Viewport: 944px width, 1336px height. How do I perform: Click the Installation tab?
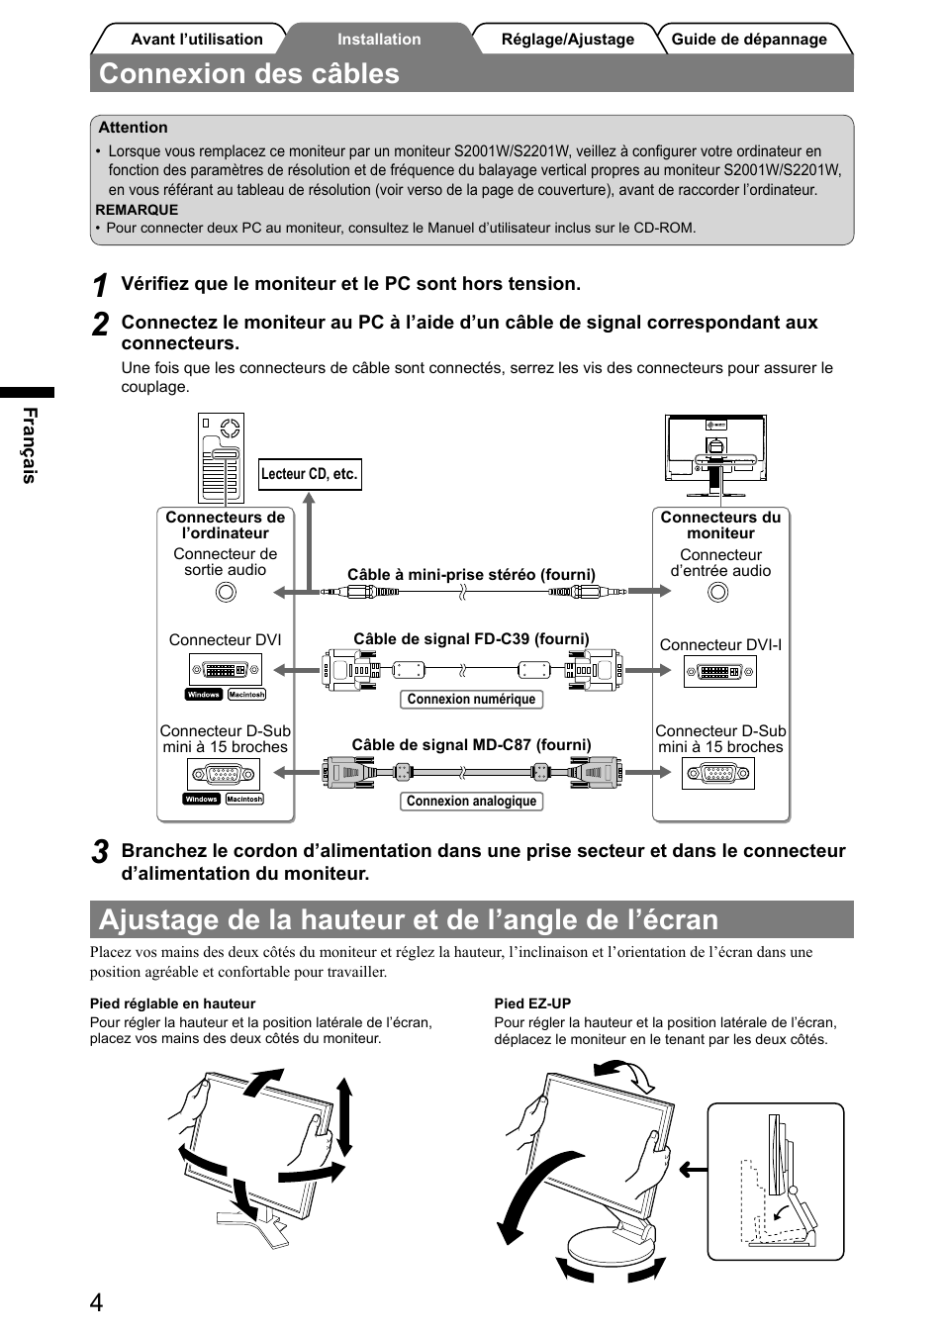pyautogui.click(x=379, y=40)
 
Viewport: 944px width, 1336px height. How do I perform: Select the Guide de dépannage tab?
pyautogui.click(x=749, y=40)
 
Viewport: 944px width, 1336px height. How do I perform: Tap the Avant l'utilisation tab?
pyautogui.click(x=197, y=40)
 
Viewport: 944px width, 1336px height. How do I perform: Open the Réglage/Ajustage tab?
pyautogui.click(x=567, y=40)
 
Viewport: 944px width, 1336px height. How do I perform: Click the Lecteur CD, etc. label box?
pyautogui.click(x=310, y=474)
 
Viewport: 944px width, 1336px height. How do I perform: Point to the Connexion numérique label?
pyautogui.click(x=471, y=700)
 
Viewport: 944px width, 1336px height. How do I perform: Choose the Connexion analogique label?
pyautogui.click(x=471, y=802)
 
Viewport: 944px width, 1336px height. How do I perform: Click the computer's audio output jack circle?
pyautogui.click(x=226, y=592)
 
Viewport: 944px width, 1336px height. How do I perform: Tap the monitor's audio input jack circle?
pyautogui.click(x=718, y=592)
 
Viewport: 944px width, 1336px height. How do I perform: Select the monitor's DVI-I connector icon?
pyautogui.click(x=720, y=672)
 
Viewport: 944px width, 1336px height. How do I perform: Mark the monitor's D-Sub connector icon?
pyautogui.click(x=719, y=774)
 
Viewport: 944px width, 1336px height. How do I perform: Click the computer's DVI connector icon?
pyautogui.click(x=226, y=670)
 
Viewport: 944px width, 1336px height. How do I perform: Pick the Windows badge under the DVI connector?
pyautogui.click(x=204, y=695)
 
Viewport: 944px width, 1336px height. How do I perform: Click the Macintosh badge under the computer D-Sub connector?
pyautogui.click(x=244, y=800)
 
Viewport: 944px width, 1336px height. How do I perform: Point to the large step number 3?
pyautogui.click(x=100, y=852)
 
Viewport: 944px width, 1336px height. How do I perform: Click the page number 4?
pyautogui.click(x=96, y=1302)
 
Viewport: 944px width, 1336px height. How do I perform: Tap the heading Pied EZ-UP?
pyautogui.click(x=532, y=1003)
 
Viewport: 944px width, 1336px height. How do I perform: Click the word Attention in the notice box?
pyautogui.click(x=133, y=128)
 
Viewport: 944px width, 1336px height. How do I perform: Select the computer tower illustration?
pyautogui.click(x=221, y=458)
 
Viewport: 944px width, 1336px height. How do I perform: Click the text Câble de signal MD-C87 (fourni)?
pyautogui.click(x=471, y=745)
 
